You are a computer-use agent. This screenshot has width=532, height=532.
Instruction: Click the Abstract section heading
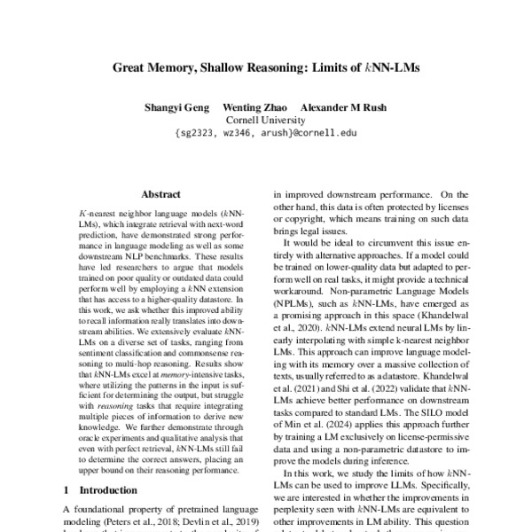click(160, 193)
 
